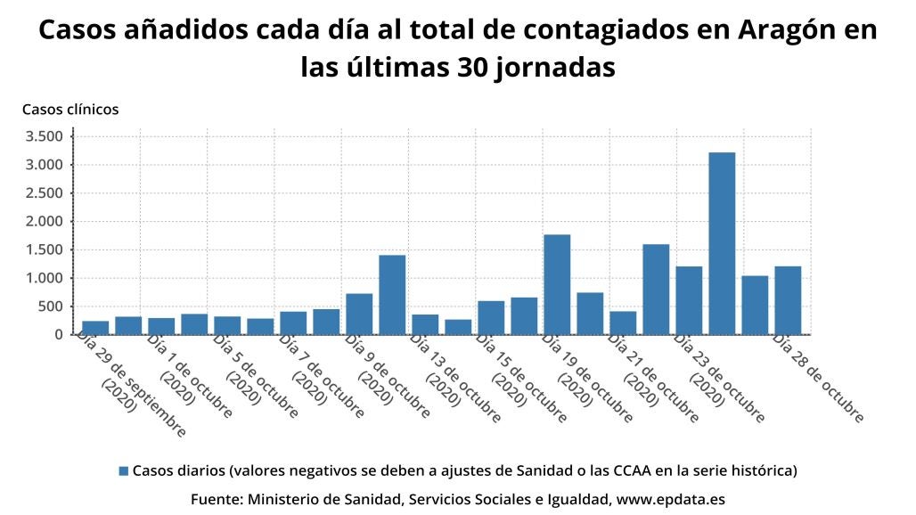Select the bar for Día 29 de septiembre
coord(95,327)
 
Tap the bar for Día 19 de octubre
coord(557,284)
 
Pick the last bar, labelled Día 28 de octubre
coord(788,300)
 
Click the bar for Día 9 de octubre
coord(359,314)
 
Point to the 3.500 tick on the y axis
coord(45,136)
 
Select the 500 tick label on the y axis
coord(51,307)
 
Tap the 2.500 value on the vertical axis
coord(45,193)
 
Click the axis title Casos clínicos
coord(70,110)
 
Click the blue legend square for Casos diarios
coord(124,470)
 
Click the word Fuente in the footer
coord(217,499)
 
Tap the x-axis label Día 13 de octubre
coord(456,378)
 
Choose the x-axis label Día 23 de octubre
coord(720,378)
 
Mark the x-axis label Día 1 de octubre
coord(190,378)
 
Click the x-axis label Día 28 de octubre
coord(819,378)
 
